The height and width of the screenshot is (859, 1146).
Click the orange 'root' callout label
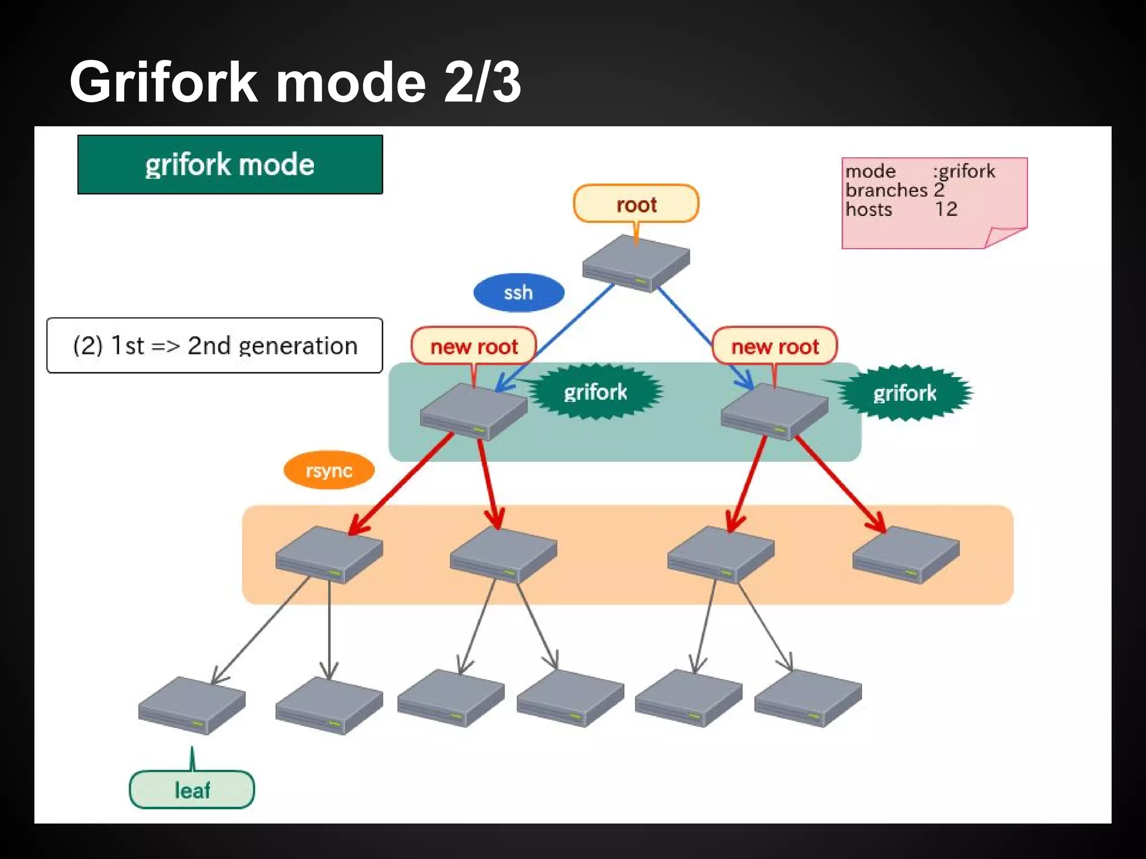(636, 204)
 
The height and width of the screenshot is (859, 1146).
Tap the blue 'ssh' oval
(518, 292)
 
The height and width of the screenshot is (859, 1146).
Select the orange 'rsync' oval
(328, 470)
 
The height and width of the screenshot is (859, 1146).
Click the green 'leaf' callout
(192, 790)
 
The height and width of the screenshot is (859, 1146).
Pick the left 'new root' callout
(473, 346)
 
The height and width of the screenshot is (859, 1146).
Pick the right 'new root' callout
(774, 346)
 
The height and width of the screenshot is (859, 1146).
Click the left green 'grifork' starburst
(595, 392)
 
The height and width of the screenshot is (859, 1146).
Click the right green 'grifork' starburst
(904, 393)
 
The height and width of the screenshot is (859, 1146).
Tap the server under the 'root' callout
(636, 263)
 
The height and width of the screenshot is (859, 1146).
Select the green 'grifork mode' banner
(230, 164)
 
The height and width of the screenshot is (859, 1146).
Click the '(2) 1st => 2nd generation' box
(215, 345)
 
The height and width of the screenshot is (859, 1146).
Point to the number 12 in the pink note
(946, 209)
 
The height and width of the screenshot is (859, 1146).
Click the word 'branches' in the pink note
(886, 190)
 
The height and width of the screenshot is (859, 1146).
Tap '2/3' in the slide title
(482, 82)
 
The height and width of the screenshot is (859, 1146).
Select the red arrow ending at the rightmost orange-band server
(839, 484)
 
